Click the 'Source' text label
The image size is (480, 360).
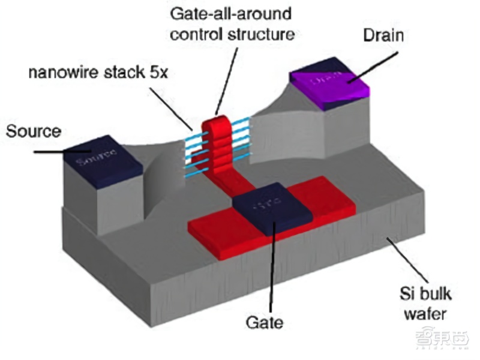[x=34, y=131]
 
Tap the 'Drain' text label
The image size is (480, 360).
[x=383, y=35]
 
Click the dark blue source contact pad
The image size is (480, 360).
[x=97, y=159]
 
